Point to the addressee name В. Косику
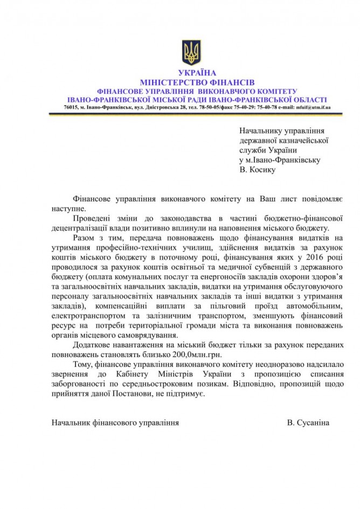(257, 170)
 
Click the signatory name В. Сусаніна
(308, 423)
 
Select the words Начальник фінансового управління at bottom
(115, 423)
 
